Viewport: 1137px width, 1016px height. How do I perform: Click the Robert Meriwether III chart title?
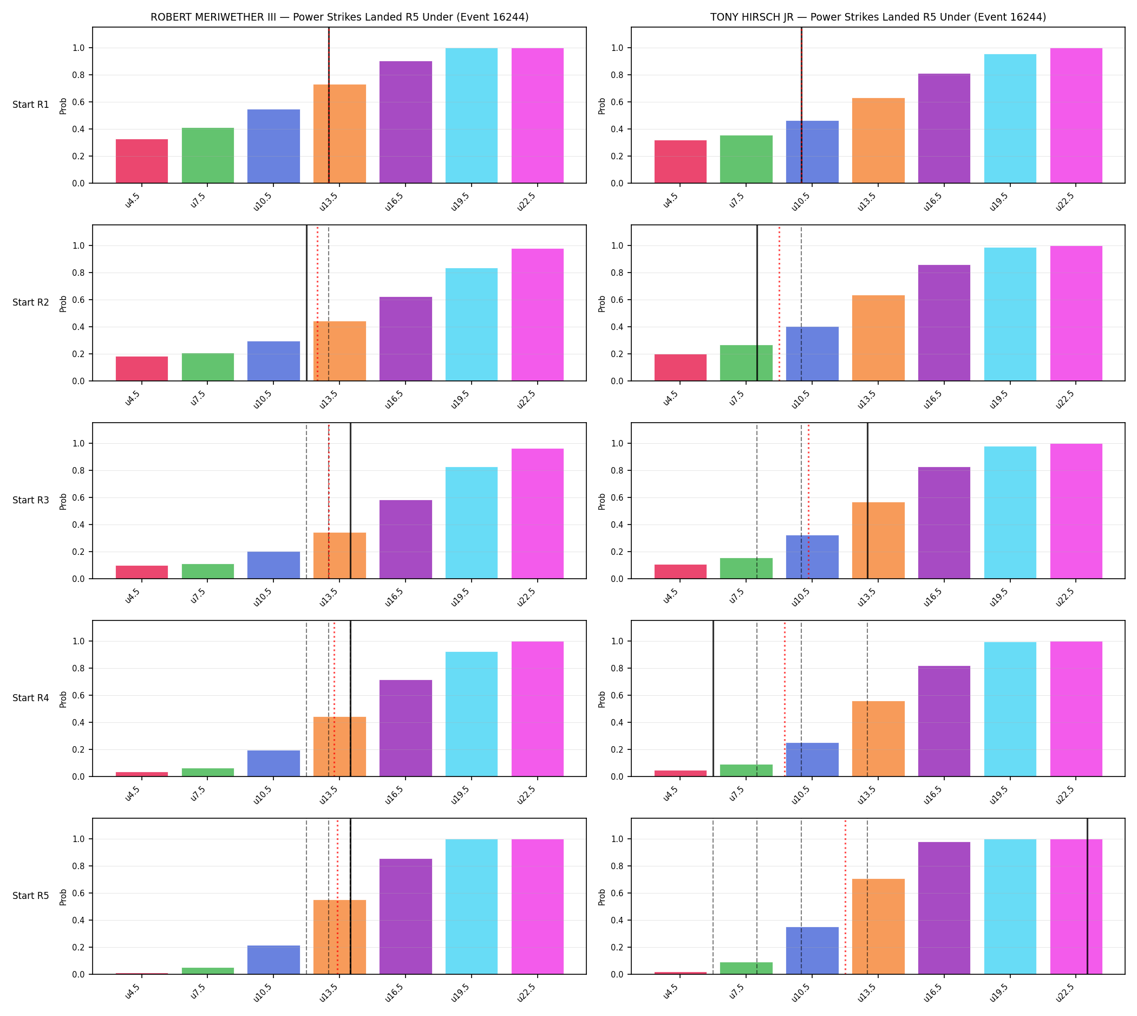coord(339,17)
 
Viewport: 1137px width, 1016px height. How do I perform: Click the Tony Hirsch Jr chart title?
coord(878,17)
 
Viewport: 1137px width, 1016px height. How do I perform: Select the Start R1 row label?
coord(31,105)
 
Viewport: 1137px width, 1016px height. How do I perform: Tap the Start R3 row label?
coord(31,500)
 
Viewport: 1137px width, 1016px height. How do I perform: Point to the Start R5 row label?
coord(31,895)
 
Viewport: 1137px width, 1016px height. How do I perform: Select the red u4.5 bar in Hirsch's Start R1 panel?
coord(680,162)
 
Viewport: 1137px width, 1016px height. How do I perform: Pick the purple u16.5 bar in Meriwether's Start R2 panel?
coord(406,339)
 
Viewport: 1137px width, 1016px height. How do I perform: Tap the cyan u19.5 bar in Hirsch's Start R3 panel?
coord(1010,513)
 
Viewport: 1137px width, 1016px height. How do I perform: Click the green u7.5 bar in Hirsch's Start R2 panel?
coord(746,363)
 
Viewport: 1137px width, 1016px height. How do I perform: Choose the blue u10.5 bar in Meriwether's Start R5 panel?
coord(273,960)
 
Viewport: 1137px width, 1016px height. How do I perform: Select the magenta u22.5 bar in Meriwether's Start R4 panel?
coord(537,709)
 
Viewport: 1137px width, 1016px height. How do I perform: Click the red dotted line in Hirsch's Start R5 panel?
coord(845,897)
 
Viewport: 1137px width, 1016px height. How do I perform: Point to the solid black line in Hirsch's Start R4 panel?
coord(713,698)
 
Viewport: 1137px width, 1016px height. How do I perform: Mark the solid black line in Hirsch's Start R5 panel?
coord(1087,897)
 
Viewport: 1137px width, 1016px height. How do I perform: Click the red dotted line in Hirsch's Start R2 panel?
coord(779,303)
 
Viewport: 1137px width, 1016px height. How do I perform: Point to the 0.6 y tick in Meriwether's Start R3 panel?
coord(79,497)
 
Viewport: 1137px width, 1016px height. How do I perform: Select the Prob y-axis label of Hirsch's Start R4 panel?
coord(602,699)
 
